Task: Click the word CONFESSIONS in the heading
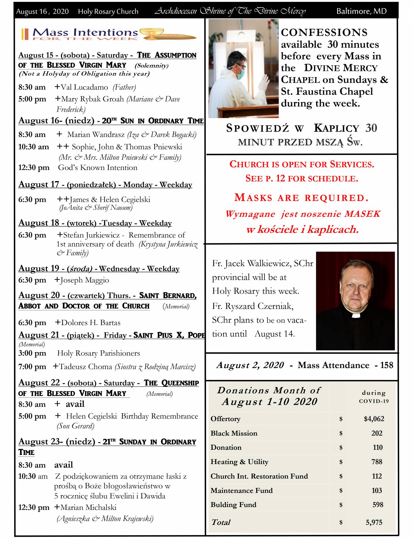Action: click(x=324, y=33)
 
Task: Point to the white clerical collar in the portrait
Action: click(x=355, y=315)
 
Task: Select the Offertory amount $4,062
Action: click(x=374, y=419)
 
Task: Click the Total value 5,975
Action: click(x=374, y=522)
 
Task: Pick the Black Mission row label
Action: click(x=234, y=433)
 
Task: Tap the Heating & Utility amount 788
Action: click(x=377, y=462)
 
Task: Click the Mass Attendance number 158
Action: click(x=387, y=365)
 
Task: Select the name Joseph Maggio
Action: click(x=84, y=280)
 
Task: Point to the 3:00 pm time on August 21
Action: click(x=32, y=353)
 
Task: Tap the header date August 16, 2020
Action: click(x=42, y=12)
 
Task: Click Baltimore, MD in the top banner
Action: click(x=361, y=11)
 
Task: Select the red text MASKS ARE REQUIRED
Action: click(x=301, y=198)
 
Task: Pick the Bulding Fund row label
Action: click(x=233, y=504)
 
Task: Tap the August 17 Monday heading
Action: click(x=105, y=185)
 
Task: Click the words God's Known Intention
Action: click(x=97, y=168)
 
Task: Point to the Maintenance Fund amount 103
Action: click(x=376, y=490)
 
